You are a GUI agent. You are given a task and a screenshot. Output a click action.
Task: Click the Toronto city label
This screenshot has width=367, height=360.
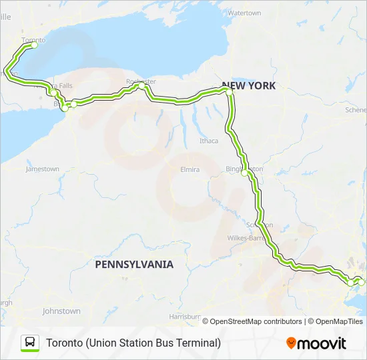[x=33, y=40]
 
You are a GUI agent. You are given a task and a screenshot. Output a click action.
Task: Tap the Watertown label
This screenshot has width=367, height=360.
[x=244, y=13]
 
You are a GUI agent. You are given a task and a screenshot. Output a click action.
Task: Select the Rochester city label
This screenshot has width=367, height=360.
[x=140, y=81]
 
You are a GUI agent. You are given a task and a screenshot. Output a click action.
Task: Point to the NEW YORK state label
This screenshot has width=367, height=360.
[x=248, y=85]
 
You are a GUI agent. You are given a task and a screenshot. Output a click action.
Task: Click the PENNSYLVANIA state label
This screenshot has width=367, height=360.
[x=134, y=264]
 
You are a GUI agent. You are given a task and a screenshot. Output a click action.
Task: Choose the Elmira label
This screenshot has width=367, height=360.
[x=190, y=169]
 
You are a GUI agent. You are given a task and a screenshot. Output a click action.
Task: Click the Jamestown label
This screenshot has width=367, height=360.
[x=42, y=169]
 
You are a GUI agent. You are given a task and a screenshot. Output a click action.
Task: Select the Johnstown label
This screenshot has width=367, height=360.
[x=61, y=311]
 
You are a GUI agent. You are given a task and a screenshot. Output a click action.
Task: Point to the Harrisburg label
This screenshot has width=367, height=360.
[x=185, y=315]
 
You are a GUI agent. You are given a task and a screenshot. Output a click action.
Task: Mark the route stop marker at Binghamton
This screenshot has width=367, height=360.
[x=245, y=173]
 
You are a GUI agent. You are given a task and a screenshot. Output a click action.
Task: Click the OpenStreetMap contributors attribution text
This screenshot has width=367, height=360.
[x=252, y=321]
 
